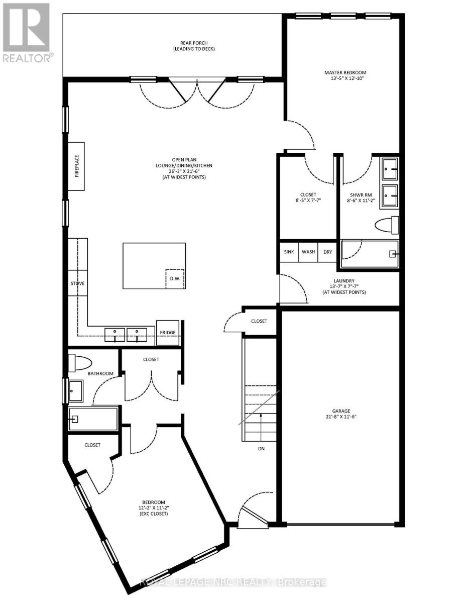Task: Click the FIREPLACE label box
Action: pyautogui.click(x=77, y=166)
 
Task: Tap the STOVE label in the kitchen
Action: pyautogui.click(x=77, y=283)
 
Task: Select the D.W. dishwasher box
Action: pyautogui.click(x=175, y=278)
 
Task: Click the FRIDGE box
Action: pyautogui.click(x=168, y=333)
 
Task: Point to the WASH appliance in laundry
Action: pyautogui.click(x=308, y=251)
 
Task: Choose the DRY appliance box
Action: pyautogui.click(x=327, y=251)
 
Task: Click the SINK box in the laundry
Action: pyautogui.click(x=289, y=251)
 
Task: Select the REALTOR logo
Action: pyautogui.click(x=26, y=32)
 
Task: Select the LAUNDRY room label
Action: pyautogui.click(x=344, y=281)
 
